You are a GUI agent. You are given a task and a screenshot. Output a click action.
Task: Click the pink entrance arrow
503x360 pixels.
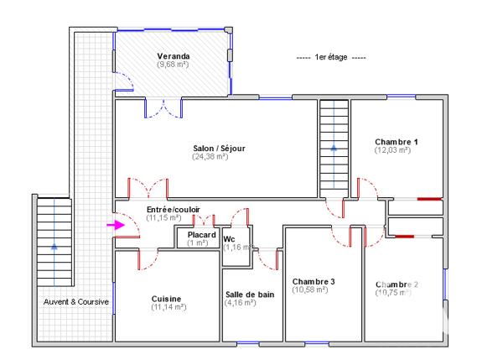112,225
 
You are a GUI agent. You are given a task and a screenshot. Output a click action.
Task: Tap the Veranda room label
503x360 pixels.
173,56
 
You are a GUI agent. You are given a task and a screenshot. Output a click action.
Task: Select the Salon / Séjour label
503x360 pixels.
218,149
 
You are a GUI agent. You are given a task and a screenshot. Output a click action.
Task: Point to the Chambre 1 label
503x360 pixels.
397,143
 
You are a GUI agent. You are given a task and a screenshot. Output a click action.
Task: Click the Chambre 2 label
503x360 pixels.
397,284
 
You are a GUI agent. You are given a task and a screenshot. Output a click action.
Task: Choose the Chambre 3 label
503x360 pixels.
314,281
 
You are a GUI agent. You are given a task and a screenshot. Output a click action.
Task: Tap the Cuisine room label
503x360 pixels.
168,299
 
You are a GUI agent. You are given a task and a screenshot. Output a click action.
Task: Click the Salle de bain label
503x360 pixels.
250,295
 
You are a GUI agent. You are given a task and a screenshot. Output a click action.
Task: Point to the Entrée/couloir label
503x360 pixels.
173,209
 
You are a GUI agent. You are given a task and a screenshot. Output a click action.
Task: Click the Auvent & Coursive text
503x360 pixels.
76,301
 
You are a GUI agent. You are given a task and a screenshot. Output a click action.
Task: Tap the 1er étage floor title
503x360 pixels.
332,57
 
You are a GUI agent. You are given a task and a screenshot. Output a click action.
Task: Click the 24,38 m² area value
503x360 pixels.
210,157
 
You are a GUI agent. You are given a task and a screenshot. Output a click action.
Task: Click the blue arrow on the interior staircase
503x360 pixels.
334,147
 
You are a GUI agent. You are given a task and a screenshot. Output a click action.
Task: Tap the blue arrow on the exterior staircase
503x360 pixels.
54,247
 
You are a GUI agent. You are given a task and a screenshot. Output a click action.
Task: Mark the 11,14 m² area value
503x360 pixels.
169,307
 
